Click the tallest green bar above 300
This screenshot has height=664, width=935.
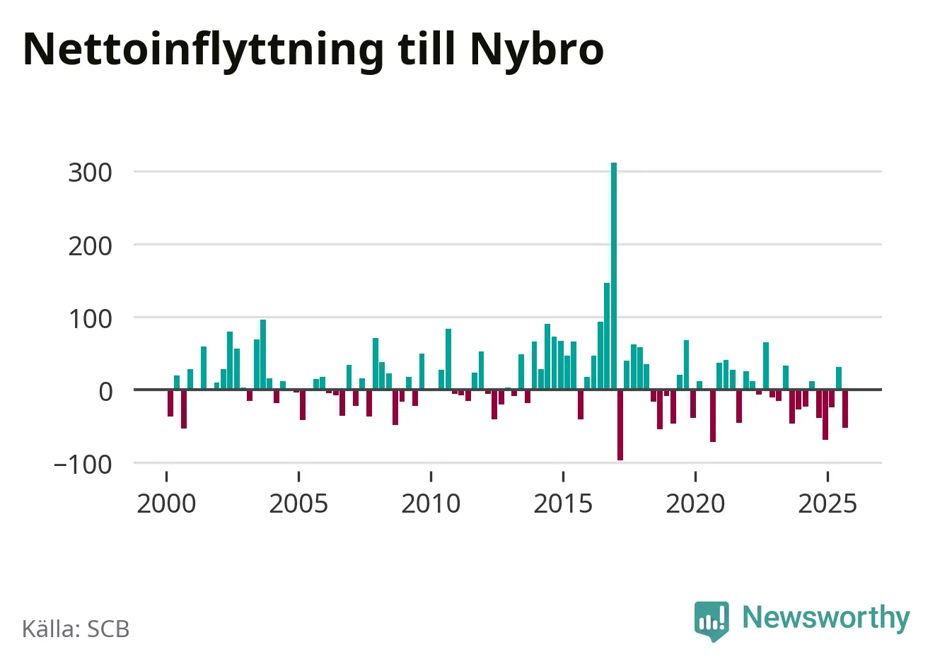614,276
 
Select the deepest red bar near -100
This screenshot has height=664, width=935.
620,424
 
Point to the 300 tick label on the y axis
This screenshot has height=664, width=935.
90,173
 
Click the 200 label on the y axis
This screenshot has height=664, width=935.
90,246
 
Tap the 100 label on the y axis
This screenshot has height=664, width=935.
90,319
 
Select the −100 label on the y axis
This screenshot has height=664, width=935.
83,465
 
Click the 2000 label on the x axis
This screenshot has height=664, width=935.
166,503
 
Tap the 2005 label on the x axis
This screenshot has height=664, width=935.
298,503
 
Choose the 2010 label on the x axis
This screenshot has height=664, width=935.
431,503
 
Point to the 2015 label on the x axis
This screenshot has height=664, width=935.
563,503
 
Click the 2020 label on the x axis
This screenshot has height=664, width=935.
695,503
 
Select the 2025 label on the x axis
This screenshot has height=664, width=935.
827,503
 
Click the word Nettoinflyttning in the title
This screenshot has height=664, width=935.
204,49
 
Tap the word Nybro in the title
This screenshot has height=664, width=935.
537,49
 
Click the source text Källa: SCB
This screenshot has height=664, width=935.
76,629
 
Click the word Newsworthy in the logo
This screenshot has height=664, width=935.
825,617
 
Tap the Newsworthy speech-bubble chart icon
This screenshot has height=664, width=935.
712,620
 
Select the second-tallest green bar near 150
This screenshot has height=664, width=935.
607,336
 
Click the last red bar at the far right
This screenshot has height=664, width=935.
845,409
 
